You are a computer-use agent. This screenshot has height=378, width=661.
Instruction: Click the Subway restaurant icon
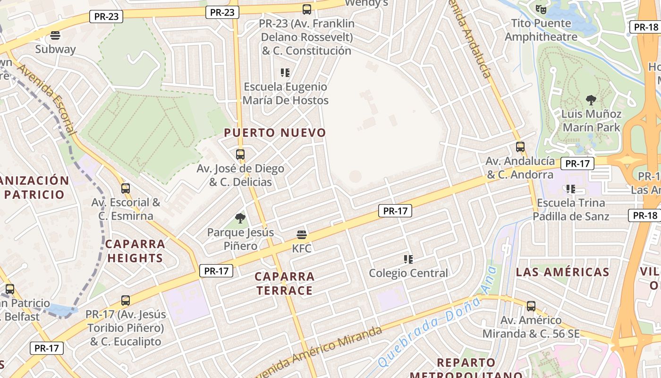[55, 35]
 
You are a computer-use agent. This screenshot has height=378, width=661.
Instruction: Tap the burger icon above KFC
[302, 234]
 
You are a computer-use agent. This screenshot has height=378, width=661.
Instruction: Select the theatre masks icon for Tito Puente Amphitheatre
[541, 9]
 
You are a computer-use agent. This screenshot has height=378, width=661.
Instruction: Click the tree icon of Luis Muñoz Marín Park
[591, 100]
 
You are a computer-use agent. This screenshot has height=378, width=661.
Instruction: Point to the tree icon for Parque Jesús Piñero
[240, 218]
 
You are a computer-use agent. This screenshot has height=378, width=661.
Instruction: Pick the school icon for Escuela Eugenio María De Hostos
[285, 73]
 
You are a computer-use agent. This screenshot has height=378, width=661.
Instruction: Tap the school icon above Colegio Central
[408, 259]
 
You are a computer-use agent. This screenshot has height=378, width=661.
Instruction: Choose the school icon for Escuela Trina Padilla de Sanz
[571, 189]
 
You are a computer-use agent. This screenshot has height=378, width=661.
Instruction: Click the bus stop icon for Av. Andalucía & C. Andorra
[520, 147]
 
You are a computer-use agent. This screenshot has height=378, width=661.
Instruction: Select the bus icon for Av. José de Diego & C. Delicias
[240, 155]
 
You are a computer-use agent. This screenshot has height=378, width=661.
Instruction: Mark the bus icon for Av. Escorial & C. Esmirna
[126, 189]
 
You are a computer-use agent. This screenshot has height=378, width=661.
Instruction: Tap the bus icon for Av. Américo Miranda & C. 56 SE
[531, 306]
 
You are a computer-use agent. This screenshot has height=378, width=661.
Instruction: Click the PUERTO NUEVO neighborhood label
[275, 133]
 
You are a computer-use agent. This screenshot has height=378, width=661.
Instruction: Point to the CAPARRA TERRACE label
[285, 283]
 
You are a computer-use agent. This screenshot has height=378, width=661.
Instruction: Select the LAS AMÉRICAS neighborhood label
[562, 272]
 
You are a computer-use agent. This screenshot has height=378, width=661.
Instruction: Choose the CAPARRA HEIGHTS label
[135, 251]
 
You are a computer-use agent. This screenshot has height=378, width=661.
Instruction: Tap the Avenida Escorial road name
[46, 99]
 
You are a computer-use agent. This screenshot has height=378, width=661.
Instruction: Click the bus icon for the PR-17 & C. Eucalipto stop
[126, 301]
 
